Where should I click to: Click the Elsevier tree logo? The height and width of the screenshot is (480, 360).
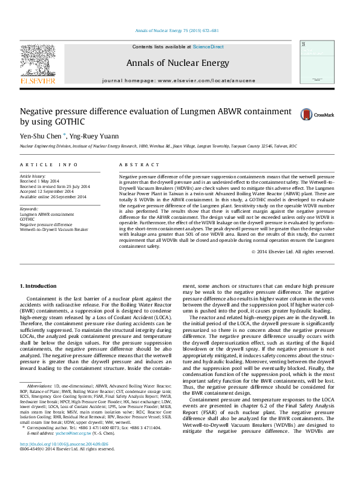(38, 60)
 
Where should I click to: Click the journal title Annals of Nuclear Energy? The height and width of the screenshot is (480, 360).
(177, 63)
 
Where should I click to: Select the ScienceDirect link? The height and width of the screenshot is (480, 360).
(208, 47)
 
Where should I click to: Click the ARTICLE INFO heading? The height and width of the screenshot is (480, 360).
(48, 164)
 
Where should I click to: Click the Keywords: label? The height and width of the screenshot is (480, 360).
(30, 209)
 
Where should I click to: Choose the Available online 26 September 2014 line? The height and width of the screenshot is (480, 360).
(53, 196)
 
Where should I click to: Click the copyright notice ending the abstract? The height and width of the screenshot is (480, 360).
(299, 252)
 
